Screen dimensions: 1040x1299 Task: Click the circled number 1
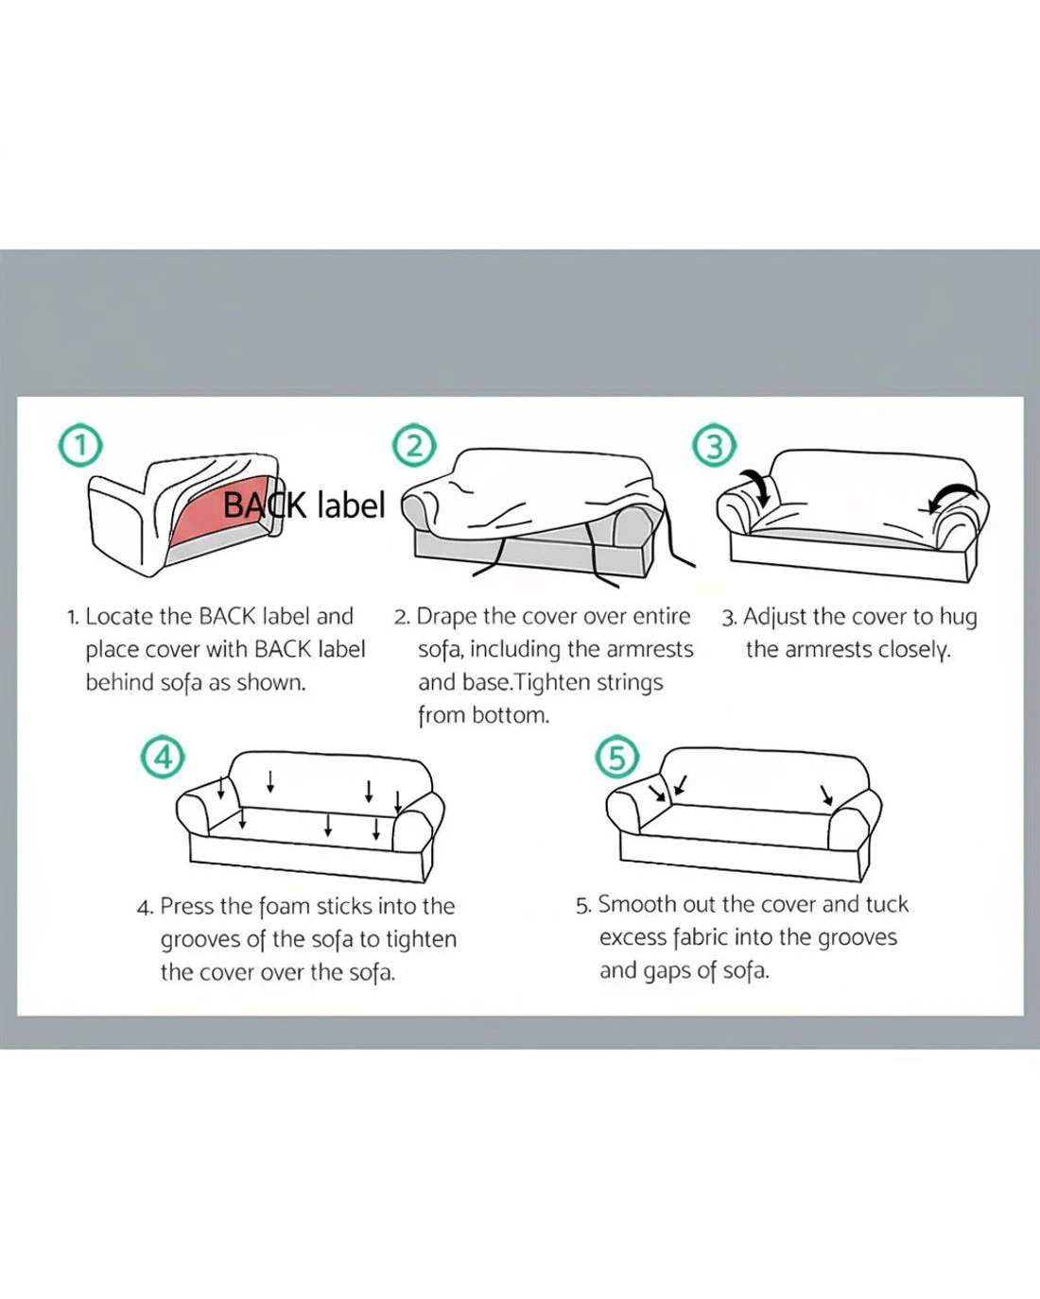[80, 446]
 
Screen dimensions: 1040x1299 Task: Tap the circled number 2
[414, 446]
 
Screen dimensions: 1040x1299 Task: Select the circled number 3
[714, 446]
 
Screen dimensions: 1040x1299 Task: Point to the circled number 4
[163, 757]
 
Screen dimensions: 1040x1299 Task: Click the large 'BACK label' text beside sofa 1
[303, 505]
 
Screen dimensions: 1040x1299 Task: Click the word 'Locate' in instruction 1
[119, 617]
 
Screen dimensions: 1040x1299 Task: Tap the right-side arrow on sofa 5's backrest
[826, 795]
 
